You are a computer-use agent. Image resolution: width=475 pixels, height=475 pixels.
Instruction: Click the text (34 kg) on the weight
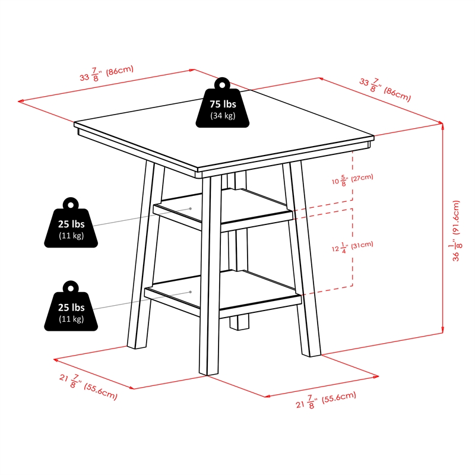coord(223,116)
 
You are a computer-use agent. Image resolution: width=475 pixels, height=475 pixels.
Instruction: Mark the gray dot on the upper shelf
coord(190,208)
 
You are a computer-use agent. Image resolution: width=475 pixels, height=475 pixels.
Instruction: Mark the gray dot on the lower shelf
coord(190,292)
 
